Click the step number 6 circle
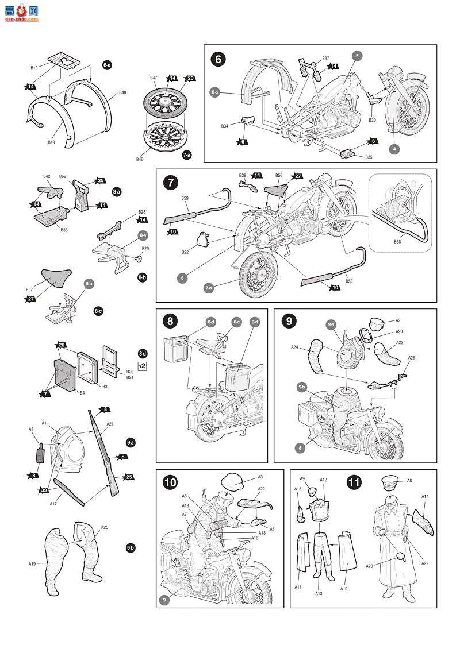[218, 59]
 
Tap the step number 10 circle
[170, 482]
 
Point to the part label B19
[34, 68]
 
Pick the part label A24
[294, 347]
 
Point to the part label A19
[32, 564]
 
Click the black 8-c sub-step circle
[98, 311]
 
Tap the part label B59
[185, 198]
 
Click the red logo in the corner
[20, 11]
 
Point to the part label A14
[425, 496]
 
